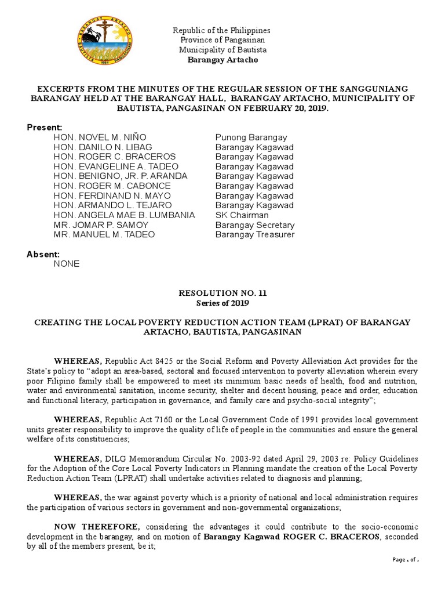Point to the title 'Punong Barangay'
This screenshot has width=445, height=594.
(x=251, y=137)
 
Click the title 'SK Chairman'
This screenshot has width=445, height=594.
(x=242, y=215)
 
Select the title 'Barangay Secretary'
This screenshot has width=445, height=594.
(x=255, y=225)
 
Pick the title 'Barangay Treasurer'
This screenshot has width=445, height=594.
(x=255, y=235)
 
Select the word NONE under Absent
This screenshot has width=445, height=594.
(x=66, y=264)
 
